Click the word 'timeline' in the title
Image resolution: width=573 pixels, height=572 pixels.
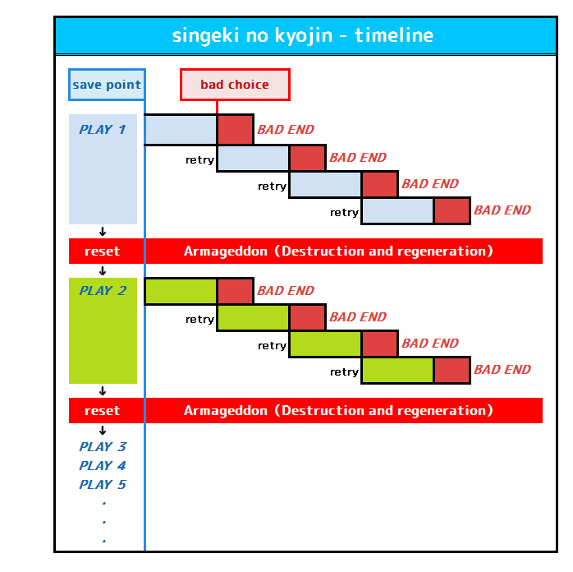394,35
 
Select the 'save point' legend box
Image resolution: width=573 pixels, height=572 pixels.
107,85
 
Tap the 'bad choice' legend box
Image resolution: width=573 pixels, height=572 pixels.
235,85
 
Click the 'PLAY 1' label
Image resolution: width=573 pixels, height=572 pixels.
103,130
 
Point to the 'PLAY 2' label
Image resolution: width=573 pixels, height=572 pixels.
103,290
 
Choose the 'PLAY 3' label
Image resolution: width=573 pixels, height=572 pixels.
103,446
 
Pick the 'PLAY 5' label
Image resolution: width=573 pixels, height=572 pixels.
103,485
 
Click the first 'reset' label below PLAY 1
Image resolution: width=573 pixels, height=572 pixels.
103,251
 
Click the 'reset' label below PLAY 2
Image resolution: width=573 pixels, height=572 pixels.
103,411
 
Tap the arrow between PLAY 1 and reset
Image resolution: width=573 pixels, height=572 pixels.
103,232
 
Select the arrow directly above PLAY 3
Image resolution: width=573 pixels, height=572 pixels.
103,431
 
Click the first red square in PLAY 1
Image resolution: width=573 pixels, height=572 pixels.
236,130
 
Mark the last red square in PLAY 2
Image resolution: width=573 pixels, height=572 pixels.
452,370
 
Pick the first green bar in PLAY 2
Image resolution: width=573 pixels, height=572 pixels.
181,291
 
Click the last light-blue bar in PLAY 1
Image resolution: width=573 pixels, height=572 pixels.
397,210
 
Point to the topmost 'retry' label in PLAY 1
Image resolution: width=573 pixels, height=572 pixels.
199,159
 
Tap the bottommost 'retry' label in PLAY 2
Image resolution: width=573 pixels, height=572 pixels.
344,372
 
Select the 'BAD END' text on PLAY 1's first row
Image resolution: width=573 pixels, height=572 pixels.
286,130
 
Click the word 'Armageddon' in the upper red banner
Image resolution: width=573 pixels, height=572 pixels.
226,251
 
